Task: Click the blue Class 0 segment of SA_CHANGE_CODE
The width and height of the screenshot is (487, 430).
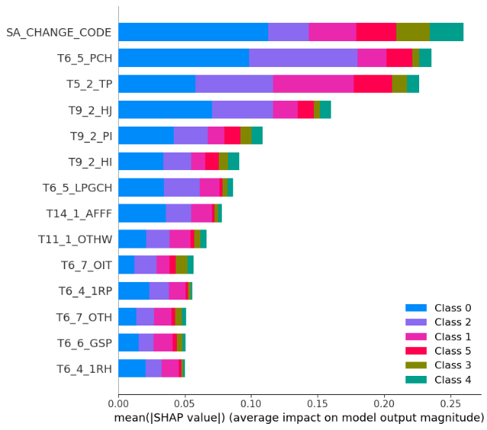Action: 194,32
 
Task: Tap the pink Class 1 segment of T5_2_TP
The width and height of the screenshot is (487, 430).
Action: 313,84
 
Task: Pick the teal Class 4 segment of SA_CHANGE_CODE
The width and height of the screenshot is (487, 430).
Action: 447,32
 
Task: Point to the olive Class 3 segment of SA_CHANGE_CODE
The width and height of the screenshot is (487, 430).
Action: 413,32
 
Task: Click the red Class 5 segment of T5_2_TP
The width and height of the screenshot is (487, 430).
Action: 373,84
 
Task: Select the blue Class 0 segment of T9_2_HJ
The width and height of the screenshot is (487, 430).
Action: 165,110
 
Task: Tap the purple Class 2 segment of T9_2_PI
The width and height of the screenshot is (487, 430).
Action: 191,136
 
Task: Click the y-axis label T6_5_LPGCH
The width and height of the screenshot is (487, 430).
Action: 77,188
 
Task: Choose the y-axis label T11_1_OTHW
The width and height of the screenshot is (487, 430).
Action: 75,239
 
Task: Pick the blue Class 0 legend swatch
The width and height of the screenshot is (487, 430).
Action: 416,307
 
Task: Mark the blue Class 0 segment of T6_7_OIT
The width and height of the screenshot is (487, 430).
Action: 127,265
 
